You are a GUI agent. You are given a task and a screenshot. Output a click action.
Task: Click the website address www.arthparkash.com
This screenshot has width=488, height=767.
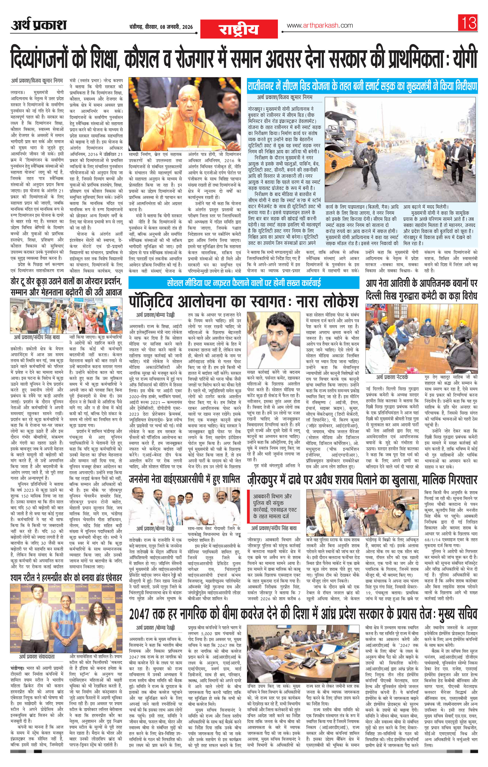(x=320, y=25)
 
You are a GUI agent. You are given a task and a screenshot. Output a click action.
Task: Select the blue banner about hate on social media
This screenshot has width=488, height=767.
(x=244, y=283)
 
